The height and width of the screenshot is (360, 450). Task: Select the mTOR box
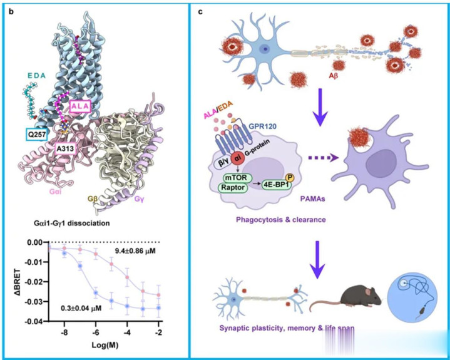[241, 177]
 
